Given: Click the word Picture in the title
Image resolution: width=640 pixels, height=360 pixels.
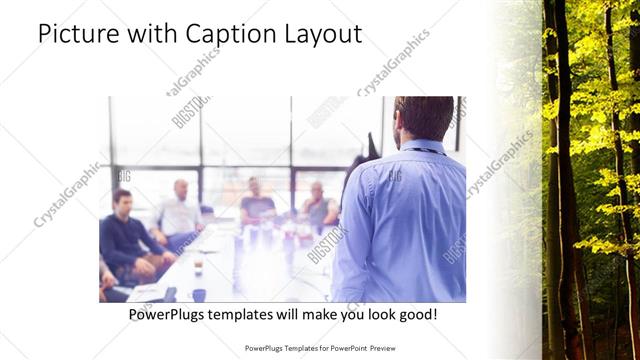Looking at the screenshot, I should click(78, 34).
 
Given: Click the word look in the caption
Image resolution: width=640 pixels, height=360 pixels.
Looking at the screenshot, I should click(369, 315).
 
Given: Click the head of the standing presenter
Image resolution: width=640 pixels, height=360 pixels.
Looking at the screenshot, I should click(424, 118).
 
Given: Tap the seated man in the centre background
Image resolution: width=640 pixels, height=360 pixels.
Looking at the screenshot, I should click(256, 203).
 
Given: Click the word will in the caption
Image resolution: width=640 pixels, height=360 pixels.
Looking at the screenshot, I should click(303, 315).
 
